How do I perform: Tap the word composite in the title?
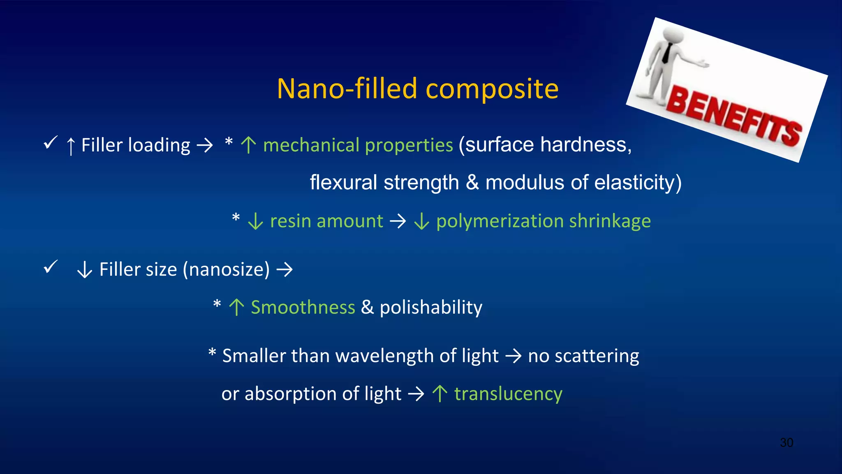pos(492,90)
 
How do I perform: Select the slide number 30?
pos(786,443)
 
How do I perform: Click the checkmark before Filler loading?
pos(51,143)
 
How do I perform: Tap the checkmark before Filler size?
pos(51,267)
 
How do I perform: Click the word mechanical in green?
pos(311,145)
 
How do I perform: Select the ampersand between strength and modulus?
pos(472,182)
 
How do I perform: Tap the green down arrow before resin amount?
pos(255,221)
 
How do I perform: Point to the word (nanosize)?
pos(226,270)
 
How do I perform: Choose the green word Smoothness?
pos(303,307)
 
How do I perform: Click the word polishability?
pos(431,307)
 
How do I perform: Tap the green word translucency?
pos(508,394)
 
